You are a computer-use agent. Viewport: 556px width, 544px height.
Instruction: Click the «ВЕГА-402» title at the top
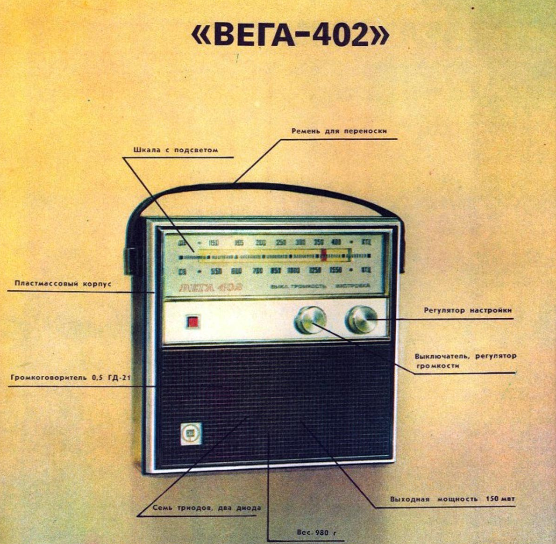290,36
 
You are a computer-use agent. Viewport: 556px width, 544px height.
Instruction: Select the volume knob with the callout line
310,321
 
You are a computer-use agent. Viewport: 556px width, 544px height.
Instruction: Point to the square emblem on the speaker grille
191,434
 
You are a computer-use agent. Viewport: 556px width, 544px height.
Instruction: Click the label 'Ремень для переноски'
339,131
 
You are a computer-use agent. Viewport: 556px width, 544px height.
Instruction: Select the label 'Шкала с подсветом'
176,150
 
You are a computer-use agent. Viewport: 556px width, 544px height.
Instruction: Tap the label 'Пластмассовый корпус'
63,284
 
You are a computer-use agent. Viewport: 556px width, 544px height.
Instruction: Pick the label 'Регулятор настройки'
467,310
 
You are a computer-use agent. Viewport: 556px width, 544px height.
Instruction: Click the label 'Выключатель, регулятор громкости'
465,361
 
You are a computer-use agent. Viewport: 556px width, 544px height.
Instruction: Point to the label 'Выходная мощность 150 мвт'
452,499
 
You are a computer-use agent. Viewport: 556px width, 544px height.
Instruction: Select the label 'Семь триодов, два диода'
207,508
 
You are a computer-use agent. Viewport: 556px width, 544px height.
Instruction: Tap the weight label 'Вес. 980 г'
316,533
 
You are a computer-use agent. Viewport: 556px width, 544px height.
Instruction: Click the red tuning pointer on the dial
323,256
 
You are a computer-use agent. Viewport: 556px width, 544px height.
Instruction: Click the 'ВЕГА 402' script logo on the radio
210,286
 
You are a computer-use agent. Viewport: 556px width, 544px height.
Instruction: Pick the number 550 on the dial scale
216,271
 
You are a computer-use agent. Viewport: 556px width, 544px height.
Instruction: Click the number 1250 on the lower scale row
315,271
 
